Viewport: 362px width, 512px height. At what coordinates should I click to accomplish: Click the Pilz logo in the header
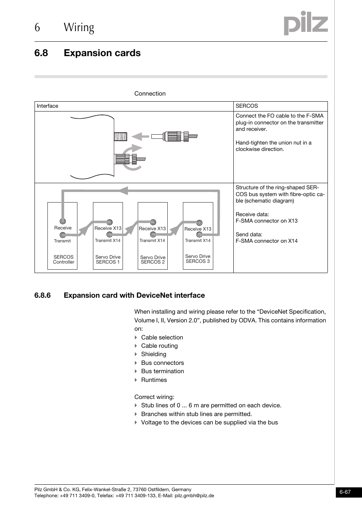305,24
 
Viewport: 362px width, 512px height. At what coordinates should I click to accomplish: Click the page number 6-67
345,492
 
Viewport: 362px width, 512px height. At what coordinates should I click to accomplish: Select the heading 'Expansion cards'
102,53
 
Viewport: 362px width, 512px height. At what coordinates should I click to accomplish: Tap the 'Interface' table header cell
47,106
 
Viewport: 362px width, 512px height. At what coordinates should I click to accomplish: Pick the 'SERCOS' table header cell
247,106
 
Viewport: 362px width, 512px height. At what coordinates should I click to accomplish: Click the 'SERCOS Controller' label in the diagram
63,259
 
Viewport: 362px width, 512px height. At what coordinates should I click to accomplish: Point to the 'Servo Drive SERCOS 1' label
108,259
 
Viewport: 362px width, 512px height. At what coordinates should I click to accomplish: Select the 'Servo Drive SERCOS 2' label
153,260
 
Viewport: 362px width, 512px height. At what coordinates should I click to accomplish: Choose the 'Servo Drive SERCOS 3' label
198,259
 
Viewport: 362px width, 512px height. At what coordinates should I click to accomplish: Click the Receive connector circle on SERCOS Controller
63,221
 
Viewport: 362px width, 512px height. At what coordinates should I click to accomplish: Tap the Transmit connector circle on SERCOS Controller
63,235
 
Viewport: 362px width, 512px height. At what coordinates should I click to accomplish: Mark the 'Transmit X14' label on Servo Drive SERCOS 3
198,240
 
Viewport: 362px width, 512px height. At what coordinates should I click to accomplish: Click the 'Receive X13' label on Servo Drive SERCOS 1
108,228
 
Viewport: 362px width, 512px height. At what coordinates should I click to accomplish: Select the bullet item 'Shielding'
153,354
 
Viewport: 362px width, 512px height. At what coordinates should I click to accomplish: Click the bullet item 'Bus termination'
162,371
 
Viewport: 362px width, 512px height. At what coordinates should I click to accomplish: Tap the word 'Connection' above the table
150,94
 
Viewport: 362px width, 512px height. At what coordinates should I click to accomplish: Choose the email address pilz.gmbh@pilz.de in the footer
194,496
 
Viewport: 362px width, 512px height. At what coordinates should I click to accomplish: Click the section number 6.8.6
42,295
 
